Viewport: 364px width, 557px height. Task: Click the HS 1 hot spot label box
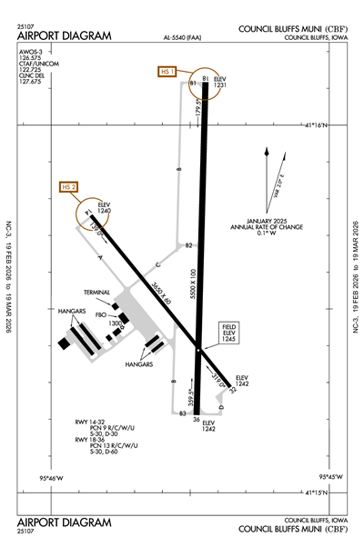pyautogui.click(x=167, y=72)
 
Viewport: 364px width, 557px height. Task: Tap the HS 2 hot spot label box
pyautogui.click(x=68, y=188)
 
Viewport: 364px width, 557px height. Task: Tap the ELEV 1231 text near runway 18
pyautogui.click(x=219, y=82)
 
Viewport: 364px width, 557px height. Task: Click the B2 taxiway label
pyautogui.click(x=189, y=245)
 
